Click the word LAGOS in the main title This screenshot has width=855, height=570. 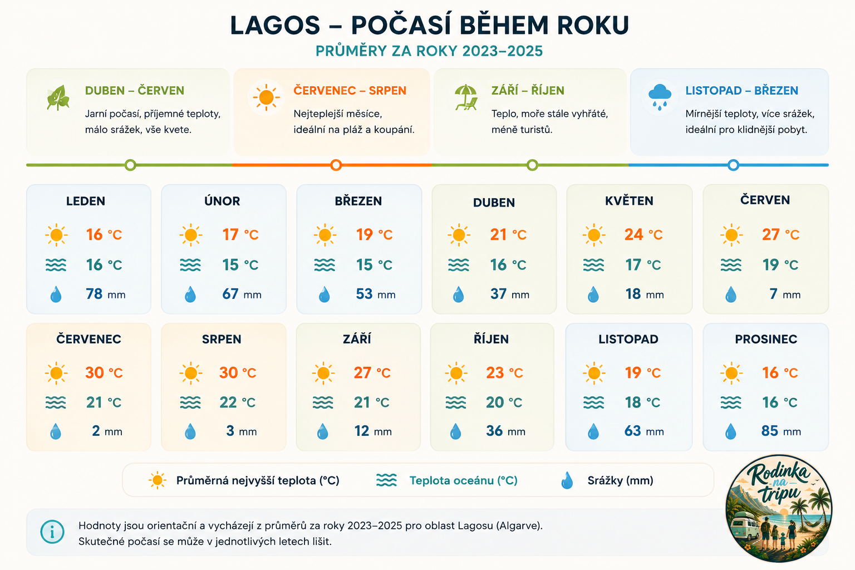[x=275, y=26]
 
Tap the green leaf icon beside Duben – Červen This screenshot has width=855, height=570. [x=58, y=98]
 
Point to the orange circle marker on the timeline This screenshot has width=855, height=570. [x=336, y=165]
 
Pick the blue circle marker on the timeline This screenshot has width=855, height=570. [x=733, y=165]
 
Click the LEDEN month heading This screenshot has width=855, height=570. [x=86, y=201]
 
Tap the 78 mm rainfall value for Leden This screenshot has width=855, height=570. [x=105, y=294]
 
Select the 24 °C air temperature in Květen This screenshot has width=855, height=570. [x=643, y=234]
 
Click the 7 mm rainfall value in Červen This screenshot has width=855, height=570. [x=785, y=294]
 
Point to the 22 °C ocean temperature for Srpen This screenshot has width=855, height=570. [x=238, y=402]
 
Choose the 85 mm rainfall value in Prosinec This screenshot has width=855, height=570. [x=781, y=431]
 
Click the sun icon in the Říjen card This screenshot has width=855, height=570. [x=456, y=372]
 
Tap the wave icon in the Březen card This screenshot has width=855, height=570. [x=325, y=265]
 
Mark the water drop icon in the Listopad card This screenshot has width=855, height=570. [x=593, y=431]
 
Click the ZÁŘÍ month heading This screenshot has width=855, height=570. [x=357, y=338]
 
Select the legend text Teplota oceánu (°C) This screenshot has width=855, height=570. [x=463, y=480]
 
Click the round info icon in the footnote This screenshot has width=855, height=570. [x=52, y=532]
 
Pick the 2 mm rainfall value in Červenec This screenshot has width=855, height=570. [x=107, y=431]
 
